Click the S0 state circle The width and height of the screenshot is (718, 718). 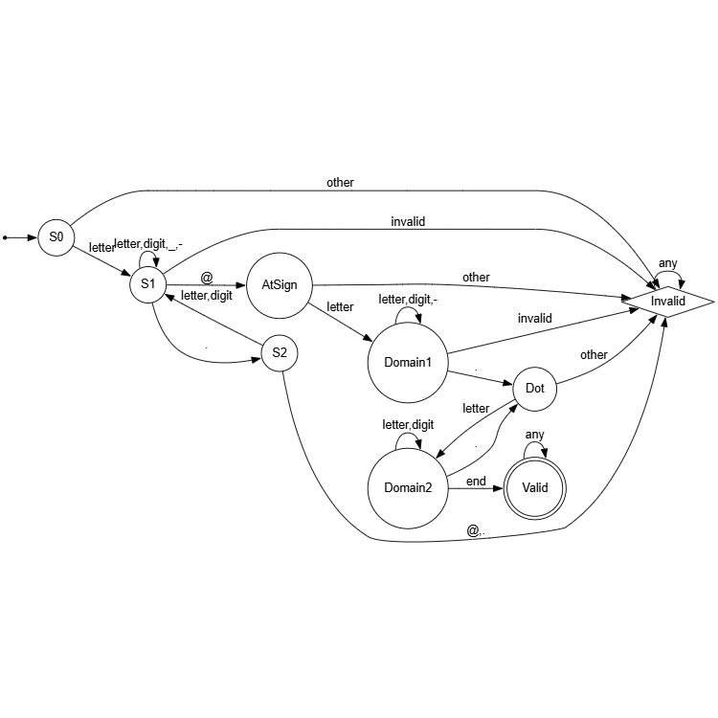tap(56, 236)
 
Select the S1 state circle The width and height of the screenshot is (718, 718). tap(148, 284)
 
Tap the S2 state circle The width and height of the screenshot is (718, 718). tap(280, 353)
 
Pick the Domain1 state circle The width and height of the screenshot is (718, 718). tap(408, 365)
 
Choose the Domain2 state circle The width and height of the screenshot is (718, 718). tap(408, 487)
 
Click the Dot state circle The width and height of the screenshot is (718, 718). tap(535, 388)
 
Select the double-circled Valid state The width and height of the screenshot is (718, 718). tap(535, 487)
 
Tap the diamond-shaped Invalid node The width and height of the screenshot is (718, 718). tap(667, 302)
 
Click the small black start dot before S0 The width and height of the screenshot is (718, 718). tap(6, 236)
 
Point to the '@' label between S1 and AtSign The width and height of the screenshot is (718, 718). tap(207, 278)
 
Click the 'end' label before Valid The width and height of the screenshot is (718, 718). tap(475, 481)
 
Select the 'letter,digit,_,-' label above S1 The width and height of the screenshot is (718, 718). tap(148, 244)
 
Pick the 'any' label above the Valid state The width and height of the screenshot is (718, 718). tap(535, 434)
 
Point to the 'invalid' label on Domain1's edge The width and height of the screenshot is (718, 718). tap(535, 317)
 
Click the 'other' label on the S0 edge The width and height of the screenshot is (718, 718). tap(341, 181)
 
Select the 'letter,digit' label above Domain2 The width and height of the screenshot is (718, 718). tap(409, 424)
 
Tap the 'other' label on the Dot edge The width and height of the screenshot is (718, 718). tap(594, 354)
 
